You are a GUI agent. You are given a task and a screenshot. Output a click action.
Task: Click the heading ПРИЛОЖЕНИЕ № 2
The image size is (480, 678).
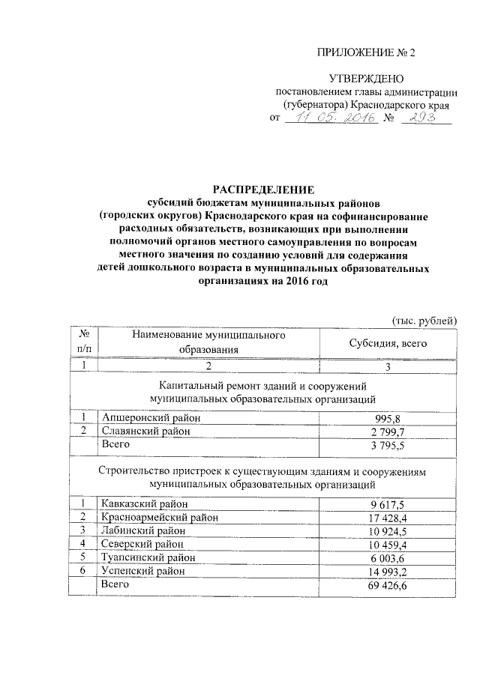pyautogui.click(x=366, y=52)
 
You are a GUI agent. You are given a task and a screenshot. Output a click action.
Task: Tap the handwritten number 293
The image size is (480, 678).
pyautogui.click(x=426, y=118)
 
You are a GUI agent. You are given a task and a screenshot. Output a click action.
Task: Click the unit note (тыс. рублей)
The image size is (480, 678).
pyautogui.click(x=424, y=321)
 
